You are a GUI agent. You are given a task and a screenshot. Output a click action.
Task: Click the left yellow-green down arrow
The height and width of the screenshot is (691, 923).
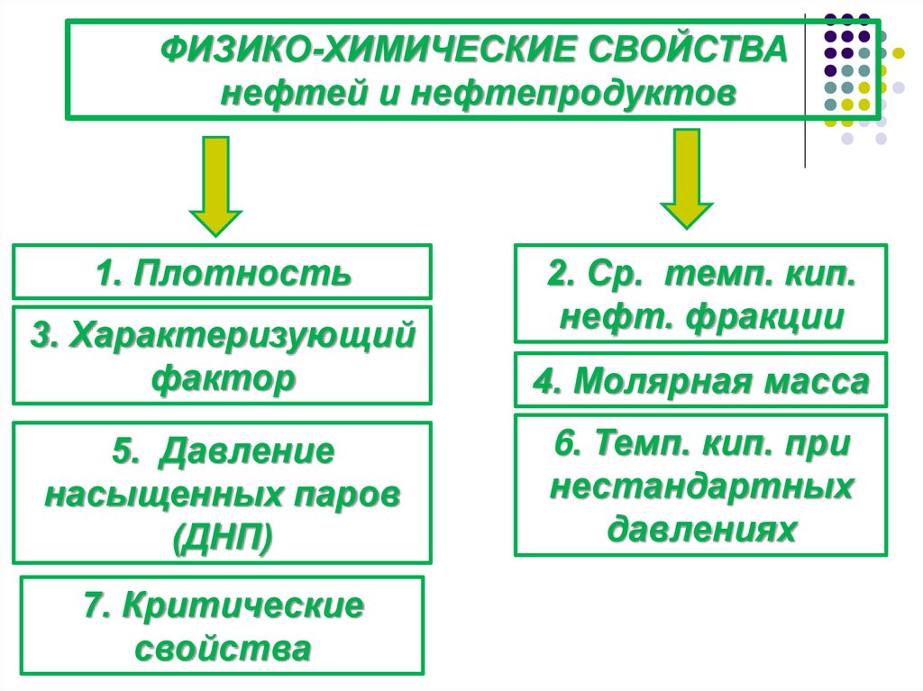pos(215,185)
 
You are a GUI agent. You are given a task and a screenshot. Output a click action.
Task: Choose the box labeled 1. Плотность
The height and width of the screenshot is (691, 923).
pos(222,272)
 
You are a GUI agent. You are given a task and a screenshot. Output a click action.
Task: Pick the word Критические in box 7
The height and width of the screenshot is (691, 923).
pos(244,605)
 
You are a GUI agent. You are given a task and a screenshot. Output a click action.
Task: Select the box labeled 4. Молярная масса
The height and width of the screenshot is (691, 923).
pos(700,382)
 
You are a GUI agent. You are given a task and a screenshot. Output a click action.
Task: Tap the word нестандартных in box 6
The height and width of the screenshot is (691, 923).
pos(701,486)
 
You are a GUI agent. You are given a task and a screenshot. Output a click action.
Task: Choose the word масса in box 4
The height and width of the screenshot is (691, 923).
pos(817,382)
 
